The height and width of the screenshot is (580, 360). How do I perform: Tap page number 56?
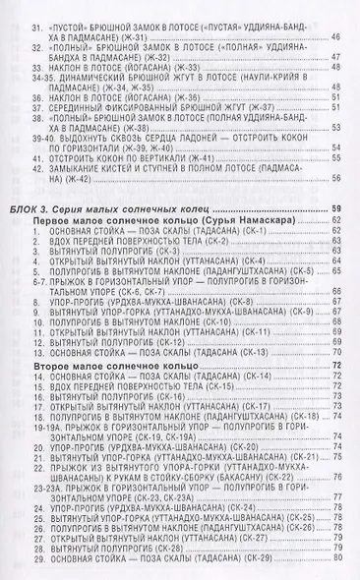336,178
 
